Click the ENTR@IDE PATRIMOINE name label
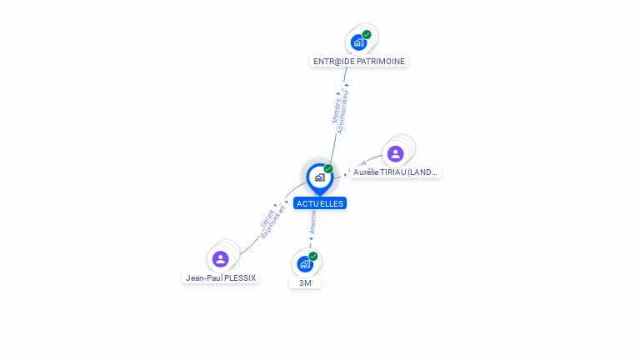click(x=359, y=61)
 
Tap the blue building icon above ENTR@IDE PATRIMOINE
click(x=359, y=42)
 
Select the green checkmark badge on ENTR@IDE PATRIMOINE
click(x=367, y=35)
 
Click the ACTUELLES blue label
click(x=319, y=203)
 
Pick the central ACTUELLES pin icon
click(x=319, y=177)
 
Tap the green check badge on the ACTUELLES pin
click(x=328, y=169)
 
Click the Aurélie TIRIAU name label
click(x=395, y=172)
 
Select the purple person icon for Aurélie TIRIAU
click(x=396, y=153)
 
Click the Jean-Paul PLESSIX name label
click(x=221, y=277)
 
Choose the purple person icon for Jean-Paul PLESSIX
click(x=220, y=258)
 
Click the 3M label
click(x=305, y=282)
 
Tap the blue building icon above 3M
click(x=305, y=264)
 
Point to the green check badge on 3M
click(x=313, y=257)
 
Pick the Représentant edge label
click(x=273, y=222)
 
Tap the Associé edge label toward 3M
click(x=312, y=220)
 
